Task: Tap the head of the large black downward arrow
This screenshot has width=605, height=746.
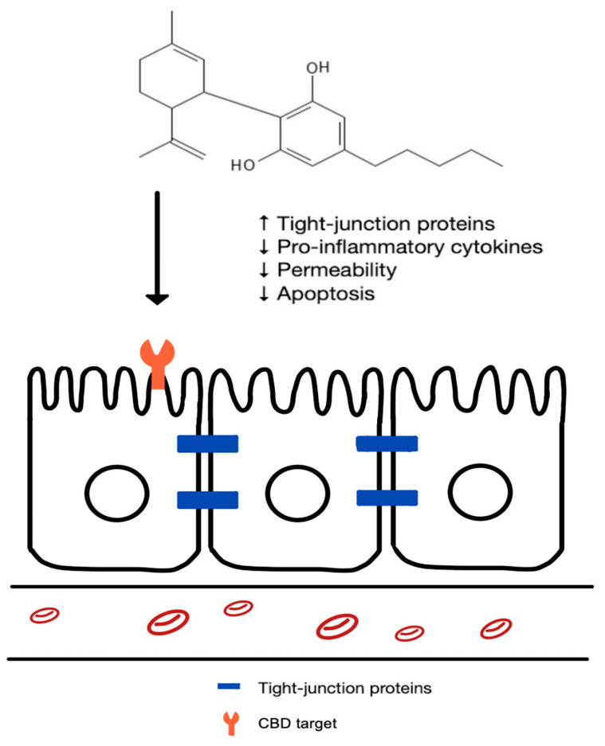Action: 158,298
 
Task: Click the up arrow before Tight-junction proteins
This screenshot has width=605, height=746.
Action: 265,225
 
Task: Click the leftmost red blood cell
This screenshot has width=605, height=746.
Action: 45,615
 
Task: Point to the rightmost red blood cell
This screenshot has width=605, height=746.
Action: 496,628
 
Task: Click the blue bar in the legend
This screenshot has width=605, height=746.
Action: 231,686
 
